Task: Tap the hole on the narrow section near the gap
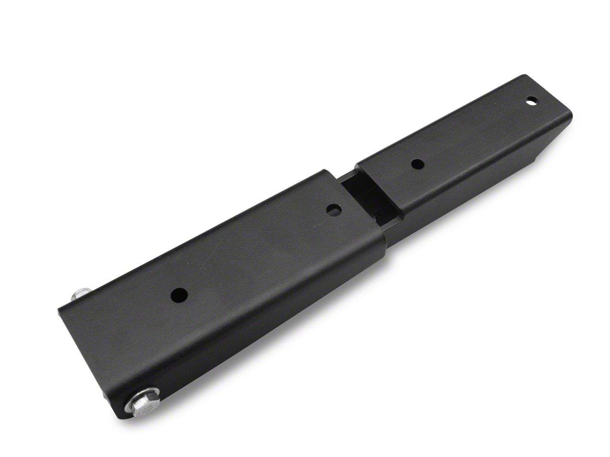point(417,164)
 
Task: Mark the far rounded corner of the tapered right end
point(524,76)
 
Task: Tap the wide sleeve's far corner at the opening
point(326,171)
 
